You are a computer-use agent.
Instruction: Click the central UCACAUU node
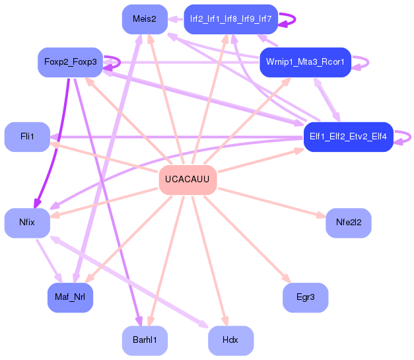click(188, 180)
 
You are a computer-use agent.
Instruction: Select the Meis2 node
click(145, 19)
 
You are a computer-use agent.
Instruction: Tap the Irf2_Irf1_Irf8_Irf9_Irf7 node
click(230, 19)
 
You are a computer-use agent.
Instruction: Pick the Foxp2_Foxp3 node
click(70, 62)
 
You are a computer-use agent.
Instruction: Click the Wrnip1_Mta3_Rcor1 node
click(306, 62)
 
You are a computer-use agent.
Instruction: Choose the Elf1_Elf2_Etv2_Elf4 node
click(349, 137)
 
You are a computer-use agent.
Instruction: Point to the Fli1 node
click(27, 137)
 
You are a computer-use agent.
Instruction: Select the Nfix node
click(27, 223)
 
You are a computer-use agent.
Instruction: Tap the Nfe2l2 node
click(349, 223)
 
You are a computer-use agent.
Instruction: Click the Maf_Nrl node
click(70, 297)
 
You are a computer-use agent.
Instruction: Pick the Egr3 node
click(306, 297)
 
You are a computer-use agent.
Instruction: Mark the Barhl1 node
click(145, 340)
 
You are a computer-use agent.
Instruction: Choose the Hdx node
click(230, 340)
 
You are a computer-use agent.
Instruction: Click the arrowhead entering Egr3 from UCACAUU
click(287, 279)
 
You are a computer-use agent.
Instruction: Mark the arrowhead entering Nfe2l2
click(322, 215)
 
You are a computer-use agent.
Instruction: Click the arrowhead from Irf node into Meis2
click(172, 19)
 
